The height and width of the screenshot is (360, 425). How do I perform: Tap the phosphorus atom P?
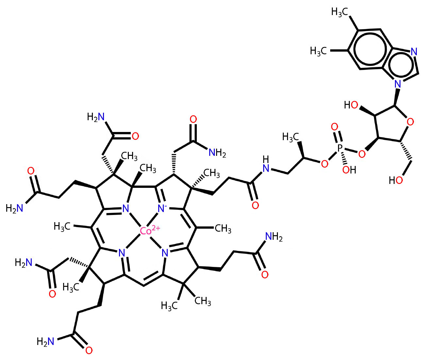[340, 148]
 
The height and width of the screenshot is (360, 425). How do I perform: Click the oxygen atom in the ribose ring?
[410, 122]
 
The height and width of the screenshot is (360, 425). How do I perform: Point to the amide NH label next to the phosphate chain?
[266, 164]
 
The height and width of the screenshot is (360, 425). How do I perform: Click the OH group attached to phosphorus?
[349, 170]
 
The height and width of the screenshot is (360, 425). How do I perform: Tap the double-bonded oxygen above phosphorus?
[334, 127]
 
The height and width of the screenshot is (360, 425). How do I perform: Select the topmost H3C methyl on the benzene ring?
[339, 12]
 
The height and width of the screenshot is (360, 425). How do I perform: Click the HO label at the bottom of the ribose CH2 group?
[396, 180]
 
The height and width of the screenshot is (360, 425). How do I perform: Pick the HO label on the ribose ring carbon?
[351, 105]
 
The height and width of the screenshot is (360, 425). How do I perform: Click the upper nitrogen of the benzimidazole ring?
[414, 52]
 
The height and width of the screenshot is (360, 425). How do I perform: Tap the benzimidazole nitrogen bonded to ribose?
[398, 84]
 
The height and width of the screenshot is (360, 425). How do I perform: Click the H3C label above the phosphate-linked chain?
[291, 137]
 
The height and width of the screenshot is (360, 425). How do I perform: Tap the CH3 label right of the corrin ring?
[223, 228]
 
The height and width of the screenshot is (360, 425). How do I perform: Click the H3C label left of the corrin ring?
[62, 227]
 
